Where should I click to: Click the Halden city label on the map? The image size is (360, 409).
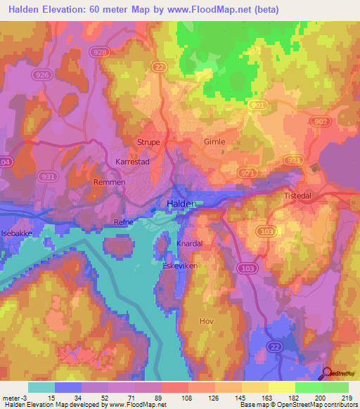(182, 203)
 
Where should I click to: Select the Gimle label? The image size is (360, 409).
(214, 141)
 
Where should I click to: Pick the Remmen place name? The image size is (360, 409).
(109, 182)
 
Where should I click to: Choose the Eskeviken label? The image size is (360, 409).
(181, 267)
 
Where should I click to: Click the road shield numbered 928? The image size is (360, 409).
(100, 52)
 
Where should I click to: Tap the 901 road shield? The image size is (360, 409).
(257, 105)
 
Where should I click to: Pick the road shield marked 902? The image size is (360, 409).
(321, 122)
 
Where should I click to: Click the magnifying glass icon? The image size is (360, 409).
(328, 374)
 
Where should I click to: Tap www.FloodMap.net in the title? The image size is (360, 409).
(219, 10)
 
